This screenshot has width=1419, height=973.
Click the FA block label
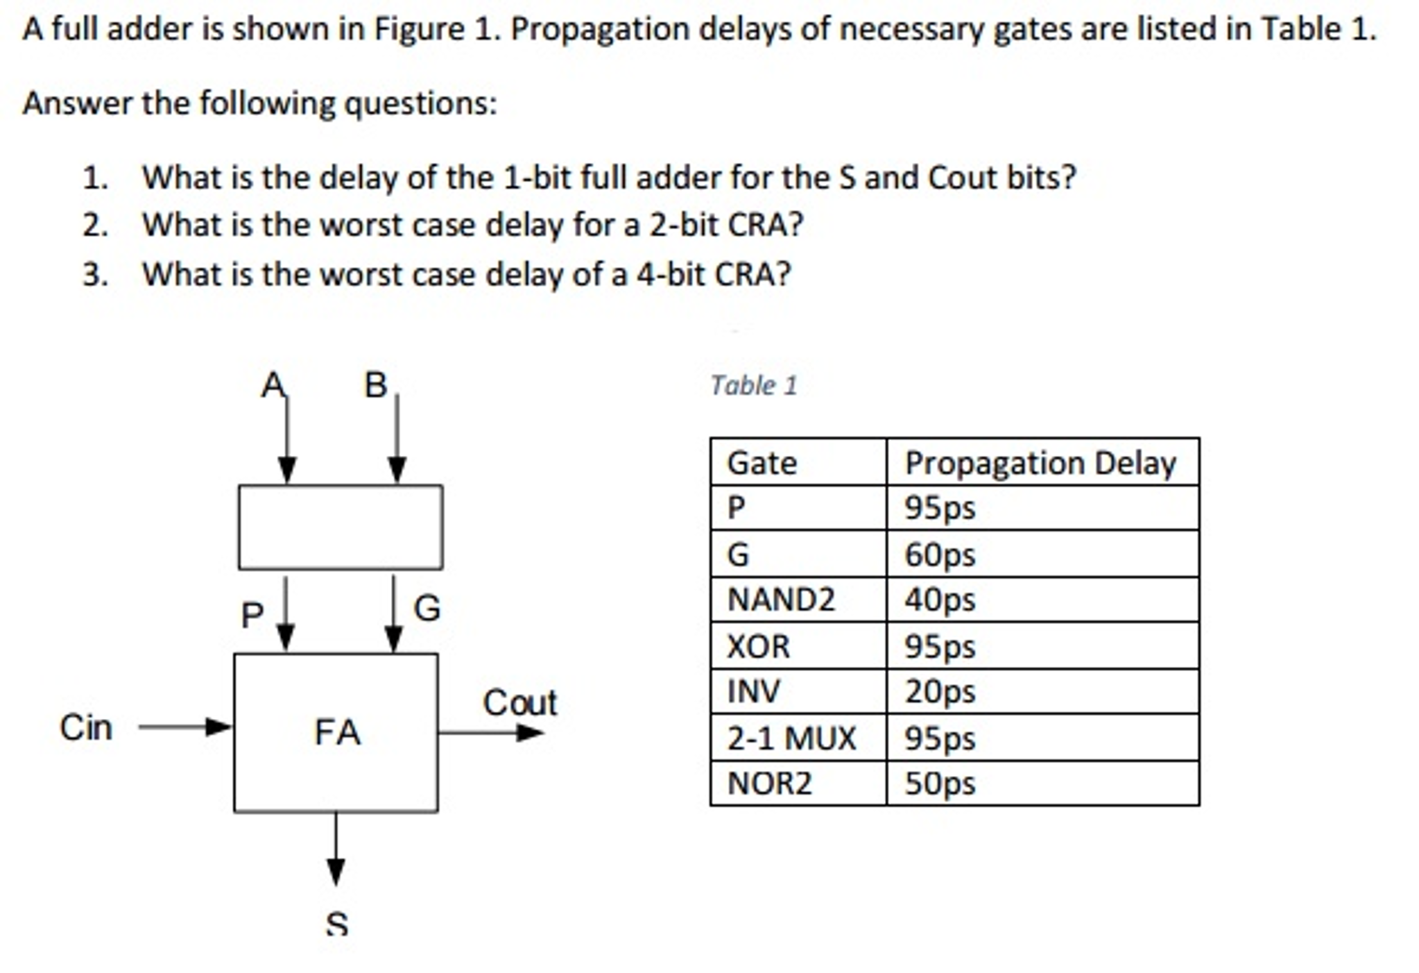click(x=337, y=732)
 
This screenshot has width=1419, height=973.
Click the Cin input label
click(x=86, y=727)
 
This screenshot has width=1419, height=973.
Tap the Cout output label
click(x=519, y=702)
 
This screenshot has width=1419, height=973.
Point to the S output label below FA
click(x=336, y=923)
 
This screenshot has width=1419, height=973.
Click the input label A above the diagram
click(x=273, y=385)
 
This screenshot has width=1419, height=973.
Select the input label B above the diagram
click(x=376, y=385)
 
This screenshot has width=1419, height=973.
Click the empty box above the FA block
click(x=341, y=527)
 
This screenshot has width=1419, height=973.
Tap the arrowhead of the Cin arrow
click(x=218, y=727)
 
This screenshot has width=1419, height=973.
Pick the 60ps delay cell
click(x=939, y=555)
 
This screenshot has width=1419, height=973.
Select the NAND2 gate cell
click(x=781, y=600)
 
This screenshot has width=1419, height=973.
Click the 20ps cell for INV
click(x=939, y=691)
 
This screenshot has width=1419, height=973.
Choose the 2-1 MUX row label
click(x=791, y=738)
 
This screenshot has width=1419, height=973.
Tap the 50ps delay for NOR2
click(x=939, y=784)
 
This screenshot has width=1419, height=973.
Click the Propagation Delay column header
click(x=1040, y=463)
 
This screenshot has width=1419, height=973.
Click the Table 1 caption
click(x=754, y=385)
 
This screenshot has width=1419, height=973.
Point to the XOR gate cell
click(x=758, y=647)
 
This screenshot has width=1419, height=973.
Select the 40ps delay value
click(x=939, y=600)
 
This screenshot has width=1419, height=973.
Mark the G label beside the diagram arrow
click(x=427, y=608)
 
